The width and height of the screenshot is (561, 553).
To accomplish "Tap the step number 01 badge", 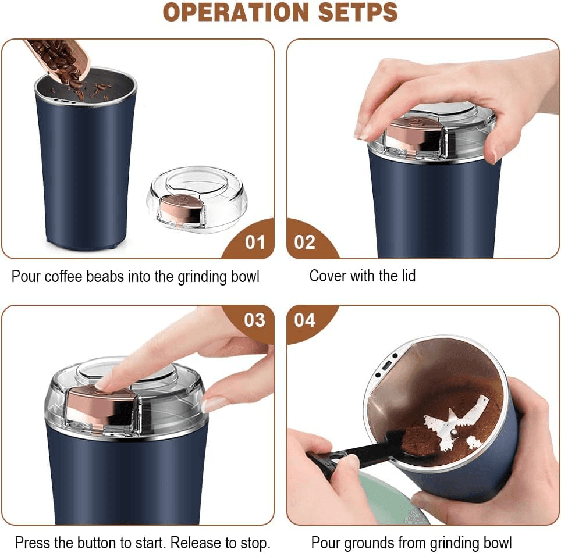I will pyautogui.click(x=254, y=242).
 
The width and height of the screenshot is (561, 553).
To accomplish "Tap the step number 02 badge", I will pyautogui.click(x=304, y=242).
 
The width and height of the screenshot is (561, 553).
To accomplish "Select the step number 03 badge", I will pyautogui.click(x=254, y=320).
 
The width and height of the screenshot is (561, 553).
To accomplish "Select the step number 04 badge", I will pyautogui.click(x=304, y=320).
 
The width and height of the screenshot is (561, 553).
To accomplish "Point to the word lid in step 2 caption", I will pyautogui.click(x=405, y=276).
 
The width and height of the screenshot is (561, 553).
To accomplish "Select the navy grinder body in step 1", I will pyautogui.click(x=84, y=174).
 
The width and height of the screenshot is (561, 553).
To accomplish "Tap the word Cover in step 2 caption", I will pyautogui.click(x=328, y=276).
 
